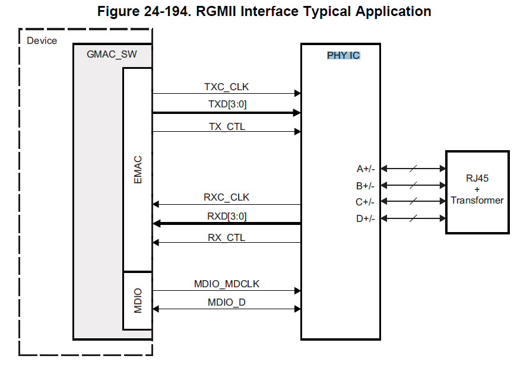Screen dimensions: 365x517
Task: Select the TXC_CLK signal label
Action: click(226, 87)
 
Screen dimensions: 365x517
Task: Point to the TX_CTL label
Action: click(226, 126)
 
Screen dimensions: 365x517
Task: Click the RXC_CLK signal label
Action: click(226, 197)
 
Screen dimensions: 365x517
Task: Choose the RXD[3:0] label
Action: click(226, 217)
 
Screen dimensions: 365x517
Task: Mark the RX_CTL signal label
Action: click(226, 237)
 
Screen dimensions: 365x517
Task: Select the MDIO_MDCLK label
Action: click(226, 284)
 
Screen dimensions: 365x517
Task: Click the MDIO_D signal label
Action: click(226, 303)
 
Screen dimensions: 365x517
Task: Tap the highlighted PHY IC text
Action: click(343, 55)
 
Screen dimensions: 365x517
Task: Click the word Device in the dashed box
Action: click(42, 40)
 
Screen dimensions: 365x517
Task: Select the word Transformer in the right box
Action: click(477, 200)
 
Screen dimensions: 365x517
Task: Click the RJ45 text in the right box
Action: click(477, 179)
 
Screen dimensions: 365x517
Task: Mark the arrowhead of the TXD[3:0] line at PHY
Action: click(297, 112)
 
